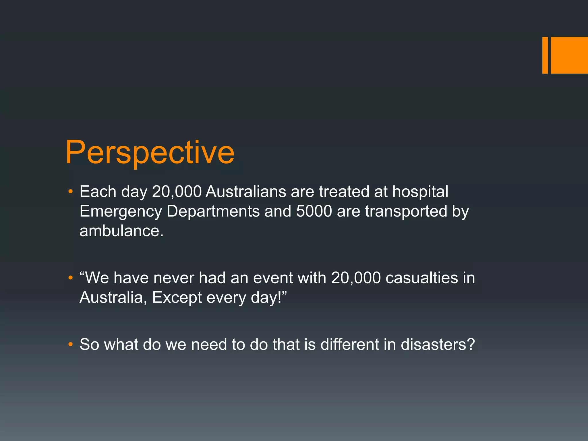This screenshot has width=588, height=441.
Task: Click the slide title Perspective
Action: click(150, 153)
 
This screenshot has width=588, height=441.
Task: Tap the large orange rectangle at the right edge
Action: click(569, 55)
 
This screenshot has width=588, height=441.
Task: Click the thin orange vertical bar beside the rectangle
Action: click(545, 55)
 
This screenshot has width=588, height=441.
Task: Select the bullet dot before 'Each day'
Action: click(71, 192)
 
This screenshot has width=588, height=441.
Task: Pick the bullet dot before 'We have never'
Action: click(71, 278)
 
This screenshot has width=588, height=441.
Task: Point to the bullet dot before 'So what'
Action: click(71, 344)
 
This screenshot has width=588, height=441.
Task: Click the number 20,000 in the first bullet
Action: click(177, 192)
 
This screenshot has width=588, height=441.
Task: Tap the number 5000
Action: click(314, 212)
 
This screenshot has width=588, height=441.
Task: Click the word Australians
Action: click(246, 192)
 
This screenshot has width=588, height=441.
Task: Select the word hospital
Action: click(420, 192)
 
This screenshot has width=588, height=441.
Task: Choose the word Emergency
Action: click(121, 212)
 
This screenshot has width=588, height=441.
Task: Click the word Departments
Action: click(213, 212)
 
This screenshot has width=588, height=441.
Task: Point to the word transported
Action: click(406, 212)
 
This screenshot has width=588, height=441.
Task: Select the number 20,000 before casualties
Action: click(356, 278)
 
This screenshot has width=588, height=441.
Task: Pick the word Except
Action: click(177, 298)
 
